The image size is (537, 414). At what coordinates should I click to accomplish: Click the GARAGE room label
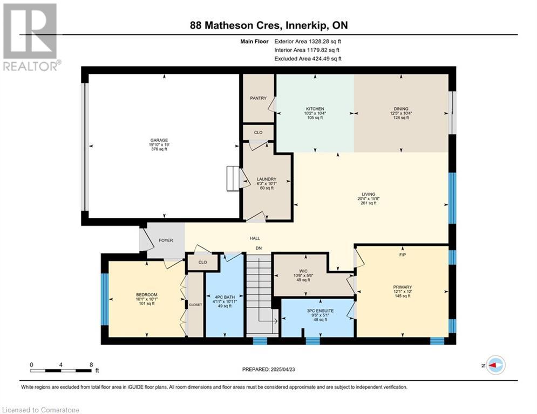pos(159,140)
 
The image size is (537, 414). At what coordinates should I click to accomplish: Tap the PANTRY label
pos(258,98)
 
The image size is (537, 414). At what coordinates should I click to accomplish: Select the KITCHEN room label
pos(315,109)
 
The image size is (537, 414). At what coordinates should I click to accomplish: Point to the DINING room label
pos(401,109)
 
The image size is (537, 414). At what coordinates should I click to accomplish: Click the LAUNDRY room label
pos(267,179)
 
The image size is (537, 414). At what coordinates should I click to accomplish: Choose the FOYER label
pos(166,240)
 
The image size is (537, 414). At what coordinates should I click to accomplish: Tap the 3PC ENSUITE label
pos(320,311)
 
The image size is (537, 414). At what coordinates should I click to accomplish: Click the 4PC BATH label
pos(225,298)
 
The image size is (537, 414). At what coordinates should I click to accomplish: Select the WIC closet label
pos(303,271)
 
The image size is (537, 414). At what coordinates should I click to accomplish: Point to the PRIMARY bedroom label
pos(403,287)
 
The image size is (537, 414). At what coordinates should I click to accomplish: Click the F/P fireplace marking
pos(403,255)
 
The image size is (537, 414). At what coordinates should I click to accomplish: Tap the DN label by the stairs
pos(259,248)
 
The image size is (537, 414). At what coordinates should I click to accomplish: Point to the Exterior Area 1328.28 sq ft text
pos(308,42)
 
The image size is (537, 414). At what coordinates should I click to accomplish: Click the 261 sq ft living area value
pos(368,203)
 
